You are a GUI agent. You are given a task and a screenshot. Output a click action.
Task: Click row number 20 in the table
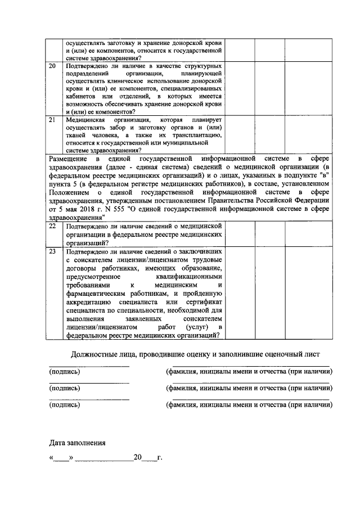pyautogui.click(x=52, y=66)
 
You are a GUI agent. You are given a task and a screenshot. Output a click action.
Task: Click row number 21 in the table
pyautogui.click(x=52, y=120)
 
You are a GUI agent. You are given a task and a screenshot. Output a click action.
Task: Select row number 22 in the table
pyautogui.click(x=52, y=225)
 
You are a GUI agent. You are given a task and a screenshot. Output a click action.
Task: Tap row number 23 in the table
pyautogui.click(x=52, y=252)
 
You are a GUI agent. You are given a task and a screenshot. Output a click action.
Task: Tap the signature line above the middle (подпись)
pyautogui.click(x=88, y=383)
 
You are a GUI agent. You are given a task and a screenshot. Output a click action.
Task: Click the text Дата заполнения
pyautogui.click(x=77, y=443)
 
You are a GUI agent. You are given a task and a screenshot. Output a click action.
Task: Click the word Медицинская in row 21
pyautogui.click(x=84, y=120)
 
